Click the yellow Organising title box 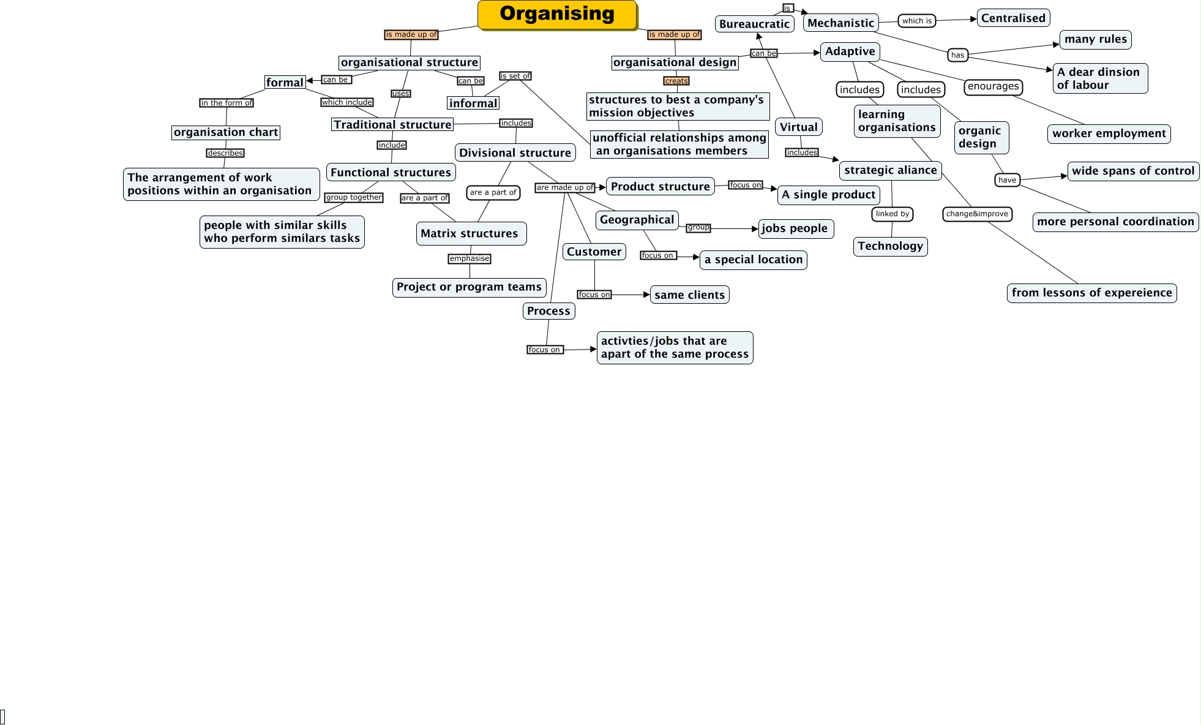click(x=557, y=15)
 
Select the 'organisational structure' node click(x=409, y=62)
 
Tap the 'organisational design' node click(x=675, y=62)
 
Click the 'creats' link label click(x=676, y=81)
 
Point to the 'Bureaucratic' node click(x=754, y=24)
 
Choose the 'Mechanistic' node click(x=840, y=23)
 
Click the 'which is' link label click(x=916, y=21)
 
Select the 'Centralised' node click(x=1013, y=18)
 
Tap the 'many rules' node click(x=1095, y=39)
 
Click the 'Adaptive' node click(x=850, y=51)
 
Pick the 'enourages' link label click(x=993, y=86)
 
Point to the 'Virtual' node click(x=798, y=127)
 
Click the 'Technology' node click(x=890, y=246)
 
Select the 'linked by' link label click(x=892, y=214)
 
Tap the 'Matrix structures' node click(x=470, y=233)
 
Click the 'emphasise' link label click(x=470, y=258)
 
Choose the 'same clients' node click(x=689, y=295)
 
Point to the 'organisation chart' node click(x=226, y=132)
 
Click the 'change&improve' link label click(x=977, y=214)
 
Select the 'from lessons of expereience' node click(x=1091, y=293)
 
